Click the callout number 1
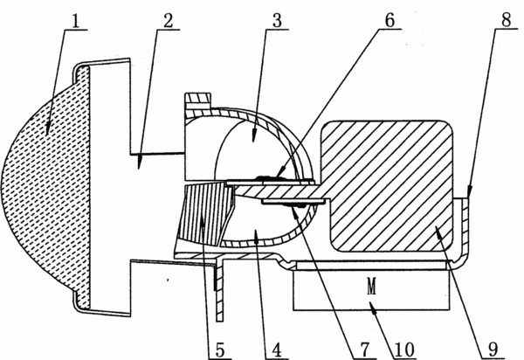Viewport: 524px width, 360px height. point(76,21)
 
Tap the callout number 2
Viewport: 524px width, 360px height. point(168,21)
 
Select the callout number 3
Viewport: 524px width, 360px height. point(277,21)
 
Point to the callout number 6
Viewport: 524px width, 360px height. point(390,21)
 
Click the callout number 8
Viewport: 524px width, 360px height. point(507,20)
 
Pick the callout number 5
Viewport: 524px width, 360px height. point(220,350)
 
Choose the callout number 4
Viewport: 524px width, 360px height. point(277,350)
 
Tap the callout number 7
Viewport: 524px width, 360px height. point(365,350)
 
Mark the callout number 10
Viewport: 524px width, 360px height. point(404,350)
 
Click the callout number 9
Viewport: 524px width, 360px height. point(493,350)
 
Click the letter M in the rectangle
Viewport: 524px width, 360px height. point(372,287)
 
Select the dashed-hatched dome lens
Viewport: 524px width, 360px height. point(46,186)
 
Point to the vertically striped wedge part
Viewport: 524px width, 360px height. point(204,214)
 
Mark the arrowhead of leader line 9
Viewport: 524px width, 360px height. point(438,230)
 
